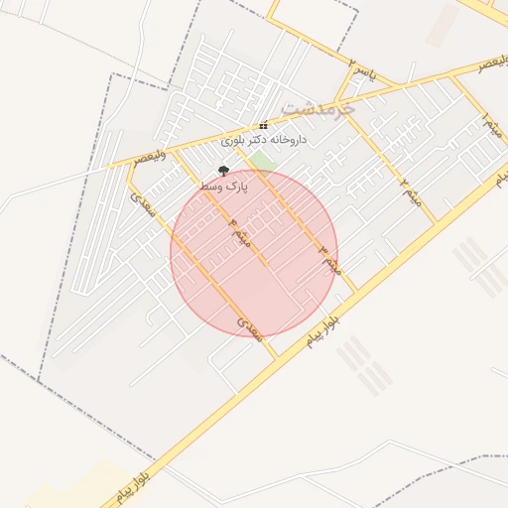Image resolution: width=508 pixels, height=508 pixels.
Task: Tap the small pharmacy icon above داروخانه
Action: click(263, 126)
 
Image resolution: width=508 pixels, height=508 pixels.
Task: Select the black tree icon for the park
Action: click(223, 171)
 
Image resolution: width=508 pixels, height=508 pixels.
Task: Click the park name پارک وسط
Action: click(223, 186)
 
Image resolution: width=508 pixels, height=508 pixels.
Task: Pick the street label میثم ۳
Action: click(329, 257)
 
